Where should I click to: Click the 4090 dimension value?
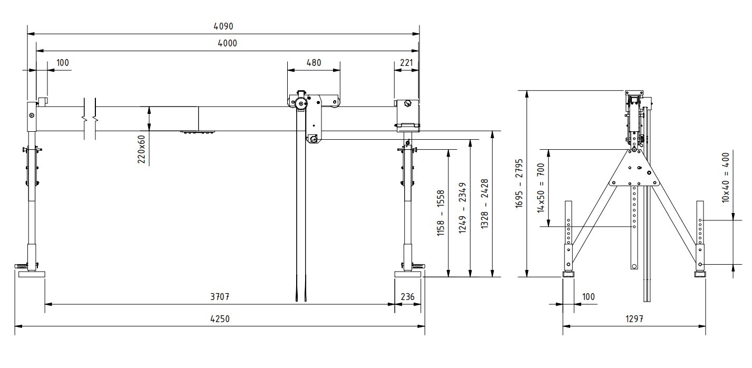(x=223, y=26)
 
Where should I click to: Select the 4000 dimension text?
(x=227, y=43)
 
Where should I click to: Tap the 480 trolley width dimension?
(x=314, y=63)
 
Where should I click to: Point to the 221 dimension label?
(x=406, y=63)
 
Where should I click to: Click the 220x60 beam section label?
(x=141, y=149)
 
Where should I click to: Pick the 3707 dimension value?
(x=220, y=297)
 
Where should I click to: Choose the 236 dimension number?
(x=407, y=297)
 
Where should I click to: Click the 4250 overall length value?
(x=220, y=318)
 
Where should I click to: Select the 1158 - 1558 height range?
(x=441, y=213)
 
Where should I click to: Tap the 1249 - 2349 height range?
(x=462, y=208)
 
